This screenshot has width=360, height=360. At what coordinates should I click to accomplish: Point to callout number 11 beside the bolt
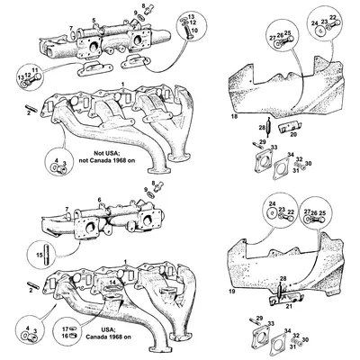point(35,69)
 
